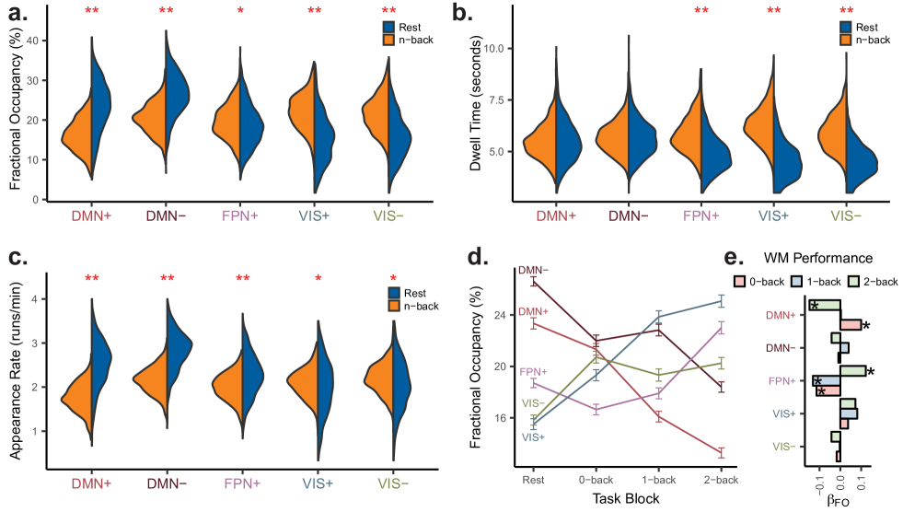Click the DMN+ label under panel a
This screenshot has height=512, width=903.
[x=91, y=216]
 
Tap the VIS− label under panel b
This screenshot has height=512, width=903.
[x=846, y=216]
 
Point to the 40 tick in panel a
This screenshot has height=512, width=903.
[x=32, y=41]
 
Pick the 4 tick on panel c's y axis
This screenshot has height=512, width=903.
[x=35, y=299]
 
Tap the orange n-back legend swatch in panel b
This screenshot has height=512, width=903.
[x=846, y=40]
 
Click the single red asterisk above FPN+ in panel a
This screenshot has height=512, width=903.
[x=240, y=12]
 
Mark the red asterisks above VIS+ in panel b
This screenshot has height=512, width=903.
[x=773, y=12]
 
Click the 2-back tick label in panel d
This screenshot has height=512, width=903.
[x=721, y=479]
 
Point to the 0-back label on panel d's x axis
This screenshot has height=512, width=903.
[x=596, y=479]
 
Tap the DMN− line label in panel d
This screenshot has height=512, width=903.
[x=534, y=270]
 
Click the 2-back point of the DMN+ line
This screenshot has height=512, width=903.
[x=722, y=451]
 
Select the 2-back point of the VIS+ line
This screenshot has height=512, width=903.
[x=722, y=300]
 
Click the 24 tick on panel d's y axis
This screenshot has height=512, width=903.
[x=501, y=315]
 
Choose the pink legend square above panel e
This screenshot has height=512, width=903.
[x=738, y=280]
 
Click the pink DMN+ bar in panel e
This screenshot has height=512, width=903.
[x=851, y=325]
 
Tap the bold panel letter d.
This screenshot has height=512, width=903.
[x=477, y=257]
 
